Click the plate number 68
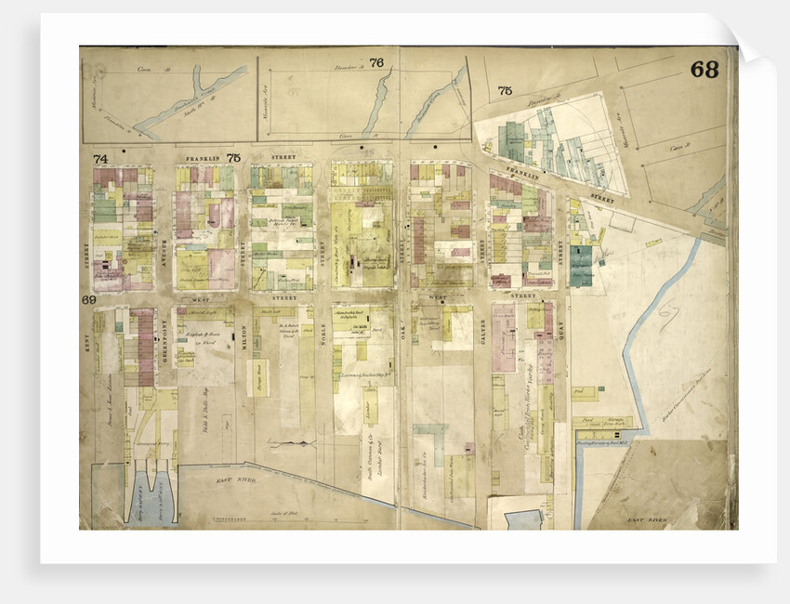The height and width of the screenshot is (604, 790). (x=704, y=70)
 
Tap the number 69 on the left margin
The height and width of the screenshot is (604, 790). (x=89, y=300)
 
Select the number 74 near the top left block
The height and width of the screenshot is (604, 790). (x=100, y=159)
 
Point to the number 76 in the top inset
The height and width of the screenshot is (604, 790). (x=376, y=63)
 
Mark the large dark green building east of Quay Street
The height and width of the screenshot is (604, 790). (x=582, y=265)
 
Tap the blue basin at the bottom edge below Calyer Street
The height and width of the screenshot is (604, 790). (x=523, y=519)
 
